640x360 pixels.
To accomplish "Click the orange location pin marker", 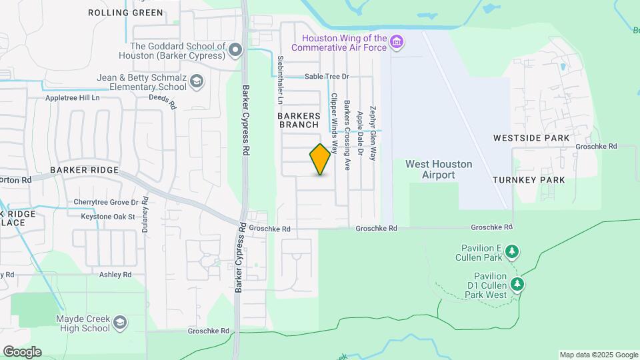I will (321, 159).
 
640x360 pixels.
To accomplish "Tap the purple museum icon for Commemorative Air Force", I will (397, 43).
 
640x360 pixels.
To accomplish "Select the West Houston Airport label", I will (439, 169).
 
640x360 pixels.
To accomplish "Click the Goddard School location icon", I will (235, 50).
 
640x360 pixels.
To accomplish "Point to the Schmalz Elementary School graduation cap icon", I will (197, 82).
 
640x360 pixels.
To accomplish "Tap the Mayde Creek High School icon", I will (120, 323).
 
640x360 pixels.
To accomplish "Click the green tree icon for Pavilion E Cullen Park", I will (512, 252).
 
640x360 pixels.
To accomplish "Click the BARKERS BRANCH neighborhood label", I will (299, 120).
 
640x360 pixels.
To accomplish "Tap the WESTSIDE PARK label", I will (531, 138).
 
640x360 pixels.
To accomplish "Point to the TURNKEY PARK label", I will (529, 180).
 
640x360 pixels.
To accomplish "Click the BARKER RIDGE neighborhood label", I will (84, 170).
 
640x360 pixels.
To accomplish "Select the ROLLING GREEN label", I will (125, 13).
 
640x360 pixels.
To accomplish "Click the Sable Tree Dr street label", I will (327, 77).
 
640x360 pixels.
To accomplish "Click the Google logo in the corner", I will (22, 351).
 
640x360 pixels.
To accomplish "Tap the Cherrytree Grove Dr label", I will (106, 202).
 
